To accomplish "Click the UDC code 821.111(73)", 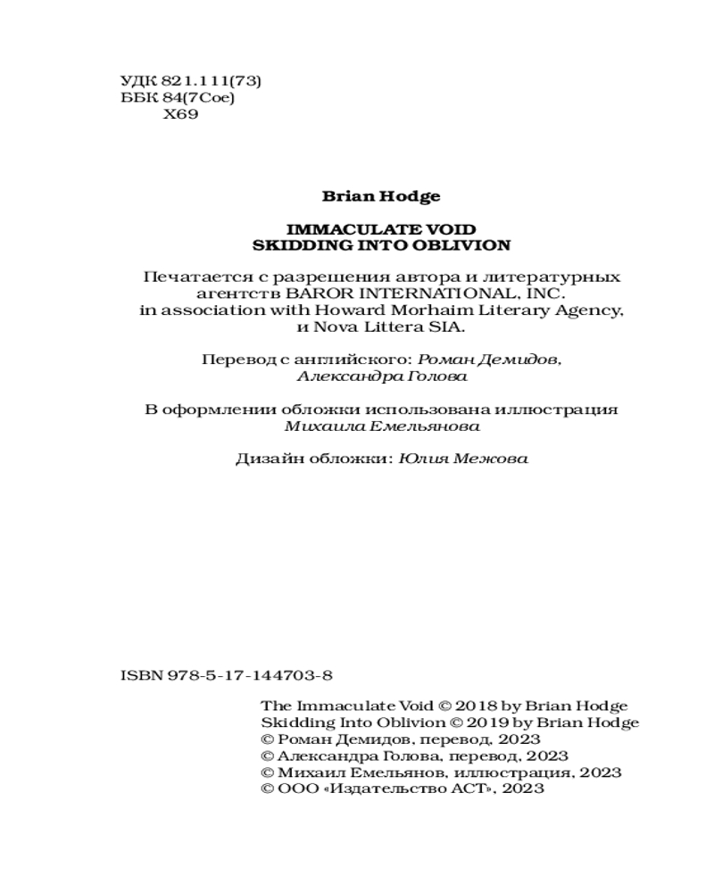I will (x=207, y=80).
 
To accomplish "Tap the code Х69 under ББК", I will (x=181, y=114).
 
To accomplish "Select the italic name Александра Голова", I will (x=379, y=376).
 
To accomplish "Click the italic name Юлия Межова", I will (x=463, y=459).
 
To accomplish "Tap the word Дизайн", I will (x=266, y=459).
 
